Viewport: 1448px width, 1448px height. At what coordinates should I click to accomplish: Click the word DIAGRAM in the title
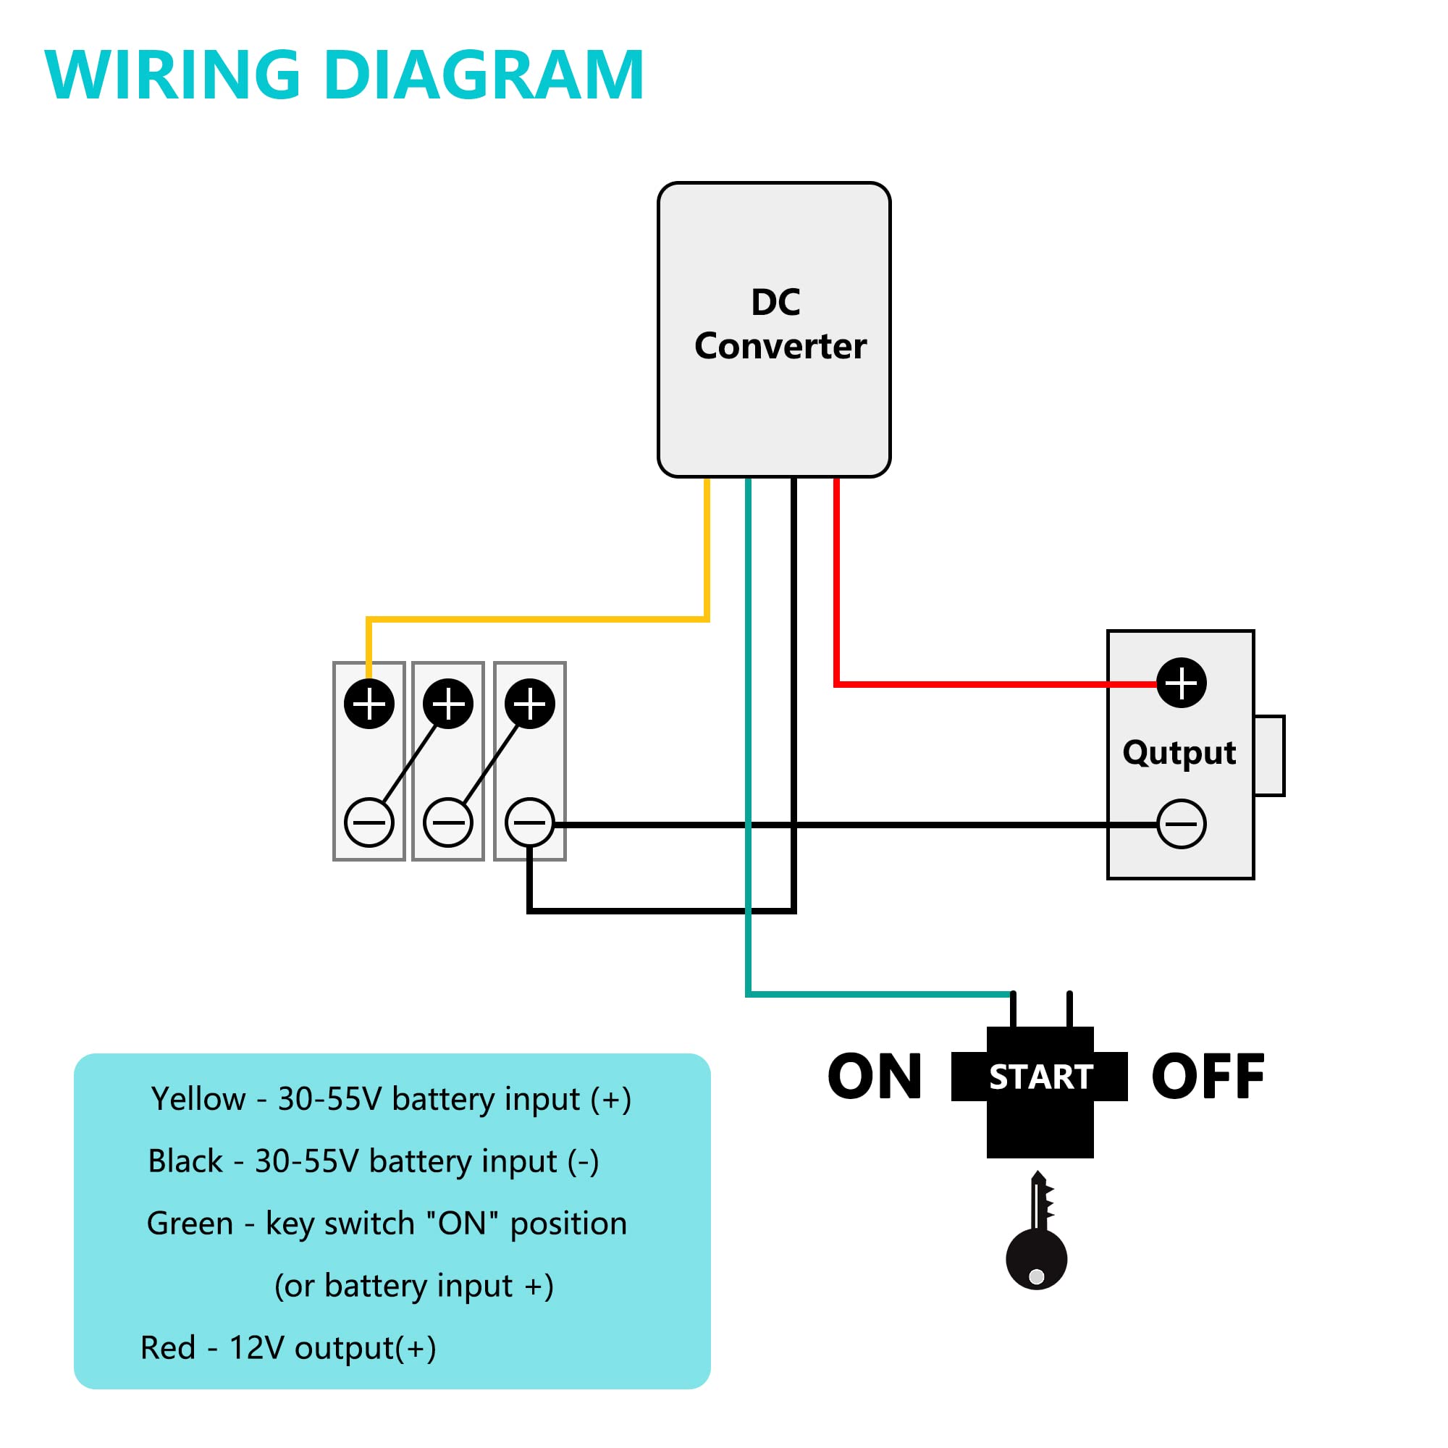pyautogui.click(x=484, y=75)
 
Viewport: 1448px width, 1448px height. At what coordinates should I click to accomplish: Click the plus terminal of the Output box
pyautogui.click(x=1181, y=683)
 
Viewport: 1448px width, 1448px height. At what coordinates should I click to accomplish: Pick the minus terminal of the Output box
pyautogui.click(x=1181, y=824)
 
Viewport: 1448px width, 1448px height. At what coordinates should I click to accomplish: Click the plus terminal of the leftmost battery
pyautogui.click(x=369, y=704)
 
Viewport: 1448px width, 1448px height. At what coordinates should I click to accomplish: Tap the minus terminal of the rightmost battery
pyautogui.click(x=530, y=822)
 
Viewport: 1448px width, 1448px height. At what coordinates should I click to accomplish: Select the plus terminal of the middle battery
pyautogui.click(x=448, y=704)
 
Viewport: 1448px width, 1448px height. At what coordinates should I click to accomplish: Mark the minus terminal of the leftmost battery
pyautogui.click(x=369, y=822)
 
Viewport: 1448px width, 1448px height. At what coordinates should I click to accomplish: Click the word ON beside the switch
pyautogui.click(x=875, y=1077)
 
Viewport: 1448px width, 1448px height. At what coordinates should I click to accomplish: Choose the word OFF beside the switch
pyautogui.click(x=1208, y=1077)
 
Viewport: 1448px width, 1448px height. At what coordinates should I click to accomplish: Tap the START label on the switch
pyautogui.click(x=1040, y=1077)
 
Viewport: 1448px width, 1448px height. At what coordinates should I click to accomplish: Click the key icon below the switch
pyautogui.click(x=1037, y=1259)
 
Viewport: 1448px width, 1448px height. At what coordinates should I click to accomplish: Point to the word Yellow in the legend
pyautogui.click(x=198, y=1099)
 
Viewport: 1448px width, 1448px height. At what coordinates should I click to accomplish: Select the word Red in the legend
pyautogui.click(x=168, y=1347)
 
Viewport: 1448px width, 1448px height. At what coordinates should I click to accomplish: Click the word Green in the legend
pyautogui.click(x=190, y=1223)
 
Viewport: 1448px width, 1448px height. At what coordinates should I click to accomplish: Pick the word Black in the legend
pyautogui.click(x=185, y=1161)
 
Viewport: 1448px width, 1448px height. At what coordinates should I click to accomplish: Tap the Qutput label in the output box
pyautogui.click(x=1179, y=752)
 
